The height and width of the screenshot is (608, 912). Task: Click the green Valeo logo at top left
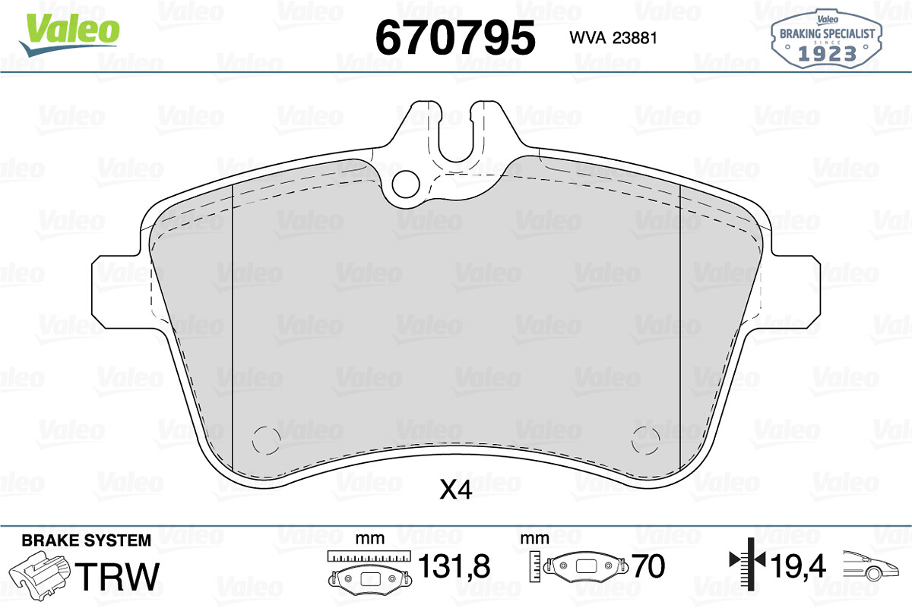(69, 35)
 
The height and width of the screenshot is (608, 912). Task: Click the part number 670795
(455, 38)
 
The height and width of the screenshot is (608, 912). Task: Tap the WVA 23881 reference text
(613, 38)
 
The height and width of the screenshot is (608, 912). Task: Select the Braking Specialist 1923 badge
(827, 39)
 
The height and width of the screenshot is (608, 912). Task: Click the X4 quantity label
(456, 490)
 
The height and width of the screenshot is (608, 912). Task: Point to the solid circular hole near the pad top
(406, 184)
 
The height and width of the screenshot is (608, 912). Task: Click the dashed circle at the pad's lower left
(266, 441)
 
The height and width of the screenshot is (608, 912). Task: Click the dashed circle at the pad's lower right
(646, 441)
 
